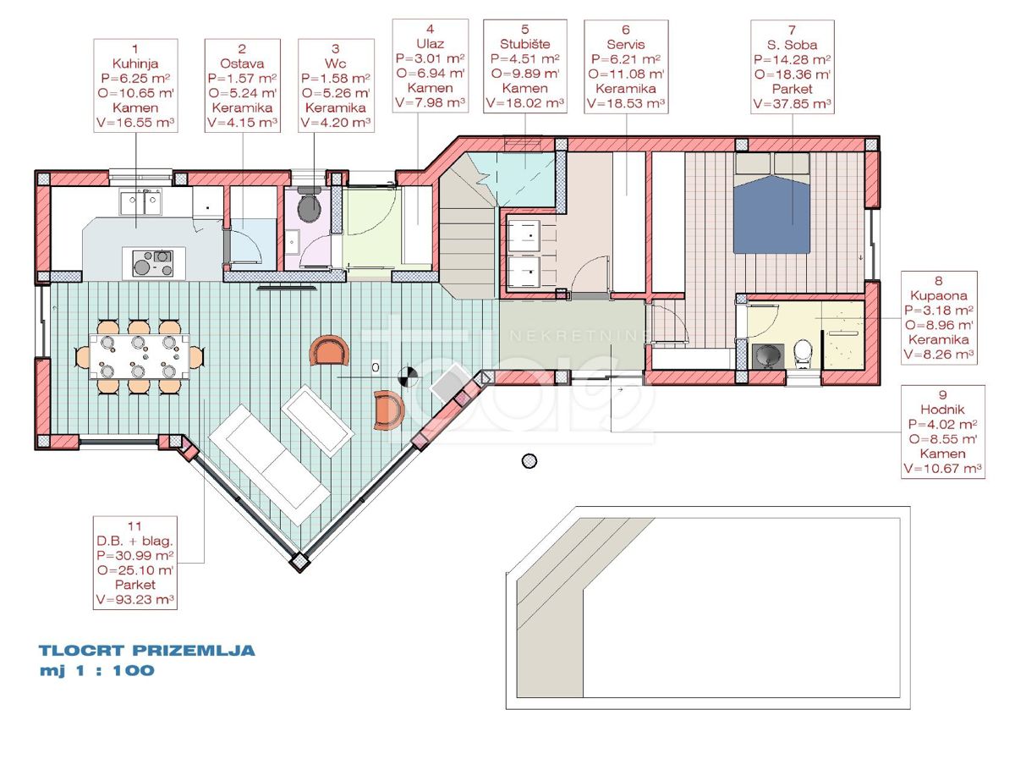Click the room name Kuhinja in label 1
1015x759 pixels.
[135, 63]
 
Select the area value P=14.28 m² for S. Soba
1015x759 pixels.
[792, 60]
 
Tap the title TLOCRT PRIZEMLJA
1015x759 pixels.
[147, 651]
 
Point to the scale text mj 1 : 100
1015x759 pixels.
[97, 671]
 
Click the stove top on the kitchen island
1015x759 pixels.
[152, 263]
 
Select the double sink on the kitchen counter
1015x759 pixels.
[140, 201]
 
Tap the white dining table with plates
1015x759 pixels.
[140, 357]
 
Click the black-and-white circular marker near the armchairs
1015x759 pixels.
[408, 376]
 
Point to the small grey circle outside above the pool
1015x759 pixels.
[529, 461]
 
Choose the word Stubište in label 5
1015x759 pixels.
[525, 44]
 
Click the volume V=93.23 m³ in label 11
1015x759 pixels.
[135, 599]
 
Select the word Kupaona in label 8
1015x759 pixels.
[939, 295]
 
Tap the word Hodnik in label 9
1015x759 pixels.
[942, 410]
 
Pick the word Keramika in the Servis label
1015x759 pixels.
[626, 88]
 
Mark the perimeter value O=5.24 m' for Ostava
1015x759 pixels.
[242, 93]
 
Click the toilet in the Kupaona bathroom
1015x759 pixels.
[804, 354]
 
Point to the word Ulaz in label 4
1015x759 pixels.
[430, 44]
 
